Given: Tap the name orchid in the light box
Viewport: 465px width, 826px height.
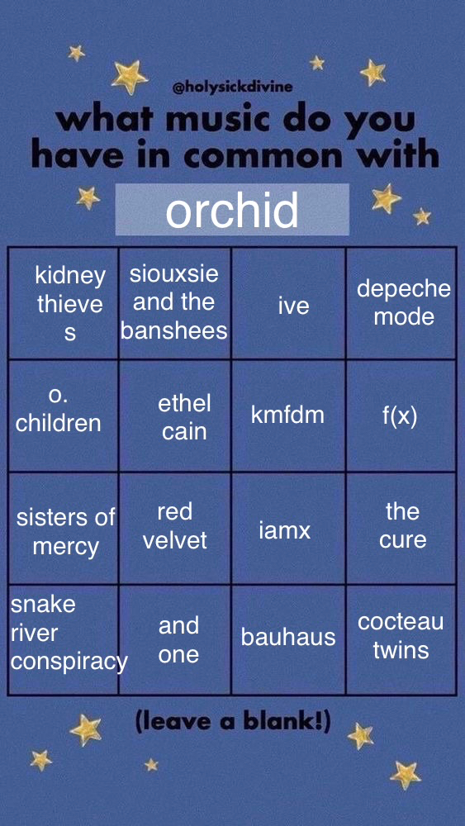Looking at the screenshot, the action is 232,210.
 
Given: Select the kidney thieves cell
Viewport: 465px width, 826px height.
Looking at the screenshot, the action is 64,304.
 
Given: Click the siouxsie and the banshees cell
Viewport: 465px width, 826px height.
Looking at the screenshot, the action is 175,304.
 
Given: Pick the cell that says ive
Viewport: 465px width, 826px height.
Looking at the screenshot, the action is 288,304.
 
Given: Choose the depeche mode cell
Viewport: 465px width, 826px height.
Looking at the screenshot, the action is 401,304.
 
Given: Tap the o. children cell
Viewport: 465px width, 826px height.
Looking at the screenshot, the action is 64,416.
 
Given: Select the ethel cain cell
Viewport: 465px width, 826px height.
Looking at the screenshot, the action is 175,416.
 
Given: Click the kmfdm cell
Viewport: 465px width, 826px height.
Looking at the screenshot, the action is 288,416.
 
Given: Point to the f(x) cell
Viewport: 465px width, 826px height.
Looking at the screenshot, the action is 401,416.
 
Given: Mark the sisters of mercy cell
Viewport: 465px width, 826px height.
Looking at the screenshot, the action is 64,528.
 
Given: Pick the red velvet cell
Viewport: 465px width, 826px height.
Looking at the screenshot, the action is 175,528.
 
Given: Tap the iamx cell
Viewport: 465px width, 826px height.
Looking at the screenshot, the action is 288,528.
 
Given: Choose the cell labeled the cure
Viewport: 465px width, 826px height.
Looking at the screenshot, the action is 401,528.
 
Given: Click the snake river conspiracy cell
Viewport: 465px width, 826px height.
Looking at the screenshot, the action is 64,639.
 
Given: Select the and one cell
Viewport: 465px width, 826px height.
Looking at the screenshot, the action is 175,639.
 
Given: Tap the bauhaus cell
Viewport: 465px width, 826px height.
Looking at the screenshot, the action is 288,639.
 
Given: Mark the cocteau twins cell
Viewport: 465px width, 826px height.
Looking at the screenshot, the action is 401,639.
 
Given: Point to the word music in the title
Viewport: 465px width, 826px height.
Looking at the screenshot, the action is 221,120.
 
